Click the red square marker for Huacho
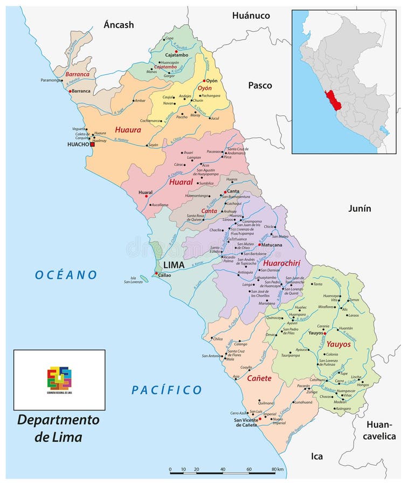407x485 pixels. pyautogui.click(x=92, y=144)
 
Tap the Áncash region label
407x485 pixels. pyautogui.click(x=119, y=25)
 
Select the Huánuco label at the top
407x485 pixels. pyautogui.click(x=251, y=16)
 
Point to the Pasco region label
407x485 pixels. pyautogui.click(x=260, y=85)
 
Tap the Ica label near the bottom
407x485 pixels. pyautogui.click(x=317, y=456)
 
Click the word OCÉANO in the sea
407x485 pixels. pyautogui.click(x=66, y=275)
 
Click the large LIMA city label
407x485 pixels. pyautogui.click(x=174, y=266)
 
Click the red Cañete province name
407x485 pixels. pyautogui.click(x=259, y=378)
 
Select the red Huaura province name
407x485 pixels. pyautogui.click(x=128, y=130)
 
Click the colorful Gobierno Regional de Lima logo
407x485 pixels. pyautogui.click(x=59, y=378)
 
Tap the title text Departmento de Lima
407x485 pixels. pyautogui.click(x=58, y=427)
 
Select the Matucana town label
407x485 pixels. pyautogui.click(x=272, y=245)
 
